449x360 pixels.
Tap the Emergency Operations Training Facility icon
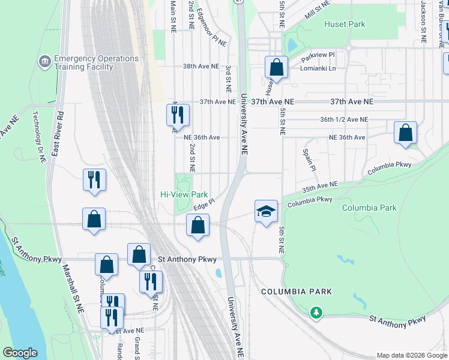(x=44, y=61)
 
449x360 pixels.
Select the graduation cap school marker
(x=266, y=212)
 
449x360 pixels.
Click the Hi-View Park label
(x=184, y=195)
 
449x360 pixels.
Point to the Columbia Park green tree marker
(x=316, y=313)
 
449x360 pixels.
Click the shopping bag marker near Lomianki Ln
(x=276, y=68)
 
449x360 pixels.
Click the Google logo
(x=20, y=352)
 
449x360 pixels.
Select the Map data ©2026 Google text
(x=411, y=355)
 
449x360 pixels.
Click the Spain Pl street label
(x=309, y=160)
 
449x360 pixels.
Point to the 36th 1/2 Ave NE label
(x=343, y=120)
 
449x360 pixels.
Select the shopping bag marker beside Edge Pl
(x=197, y=226)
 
